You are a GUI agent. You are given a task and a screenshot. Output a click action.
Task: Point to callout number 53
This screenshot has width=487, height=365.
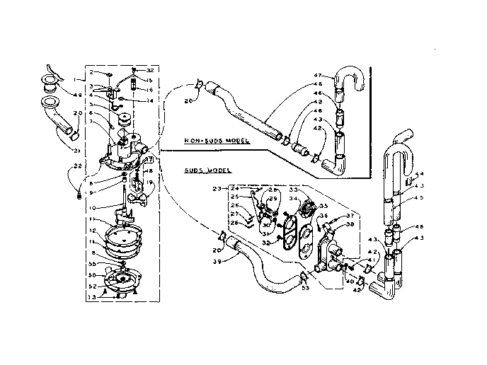(304, 289)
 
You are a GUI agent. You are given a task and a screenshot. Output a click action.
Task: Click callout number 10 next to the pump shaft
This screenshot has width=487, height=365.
(92, 209)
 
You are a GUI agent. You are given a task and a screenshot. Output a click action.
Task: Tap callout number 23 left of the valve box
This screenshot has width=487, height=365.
(217, 187)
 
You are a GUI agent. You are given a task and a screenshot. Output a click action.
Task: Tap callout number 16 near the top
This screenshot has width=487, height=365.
(149, 91)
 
